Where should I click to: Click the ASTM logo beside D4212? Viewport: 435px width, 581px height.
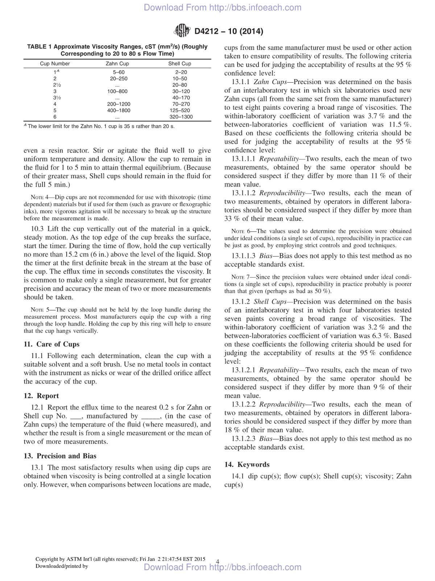click(x=182, y=31)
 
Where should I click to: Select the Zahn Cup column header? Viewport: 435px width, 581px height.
click(x=117, y=64)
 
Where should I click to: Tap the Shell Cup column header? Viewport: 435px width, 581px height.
click(x=179, y=64)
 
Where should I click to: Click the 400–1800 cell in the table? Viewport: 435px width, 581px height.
click(x=119, y=110)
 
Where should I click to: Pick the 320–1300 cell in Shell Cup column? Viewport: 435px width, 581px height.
click(x=181, y=117)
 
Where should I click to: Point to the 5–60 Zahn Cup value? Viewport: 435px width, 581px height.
click(x=119, y=72)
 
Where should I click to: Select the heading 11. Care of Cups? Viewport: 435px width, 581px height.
click(x=51, y=344)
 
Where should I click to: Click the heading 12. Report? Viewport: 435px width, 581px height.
click(x=41, y=396)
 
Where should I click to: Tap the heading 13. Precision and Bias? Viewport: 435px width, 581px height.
click(x=60, y=456)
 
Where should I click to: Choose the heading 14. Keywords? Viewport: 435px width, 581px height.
click(x=247, y=464)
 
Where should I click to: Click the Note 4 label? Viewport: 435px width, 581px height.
click(x=40, y=197)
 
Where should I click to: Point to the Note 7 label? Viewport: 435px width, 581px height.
click(x=240, y=277)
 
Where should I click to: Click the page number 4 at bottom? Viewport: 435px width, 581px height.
click(x=217, y=561)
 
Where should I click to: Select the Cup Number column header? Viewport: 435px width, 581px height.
click(x=55, y=64)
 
